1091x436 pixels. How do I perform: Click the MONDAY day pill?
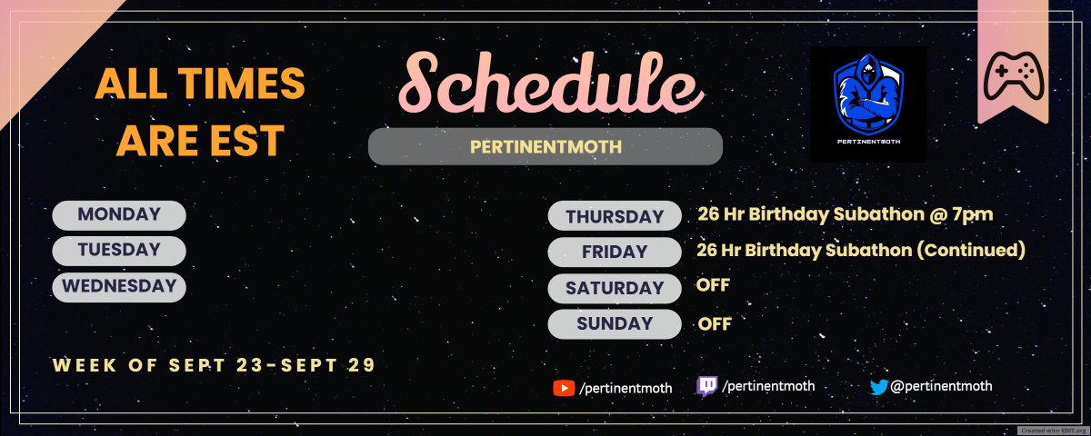point(119,215)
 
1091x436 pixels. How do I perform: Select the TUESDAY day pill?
point(119,250)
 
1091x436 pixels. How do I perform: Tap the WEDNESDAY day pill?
point(119,286)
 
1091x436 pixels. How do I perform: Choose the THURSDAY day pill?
point(615,216)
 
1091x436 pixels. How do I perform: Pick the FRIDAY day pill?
point(615,252)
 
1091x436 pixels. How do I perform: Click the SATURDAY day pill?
point(615,288)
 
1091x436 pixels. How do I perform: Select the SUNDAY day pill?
point(615,323)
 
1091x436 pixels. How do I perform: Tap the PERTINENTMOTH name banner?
point(545,146)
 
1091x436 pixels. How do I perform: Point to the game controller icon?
point(1015,74)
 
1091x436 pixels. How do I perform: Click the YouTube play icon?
point(564,388)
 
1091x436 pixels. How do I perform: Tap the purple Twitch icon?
point(706,387)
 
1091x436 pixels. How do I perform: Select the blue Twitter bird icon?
point(878,387)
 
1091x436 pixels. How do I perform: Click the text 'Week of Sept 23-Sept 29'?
point(214,365)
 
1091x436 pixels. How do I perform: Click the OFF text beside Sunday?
point(715,323)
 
